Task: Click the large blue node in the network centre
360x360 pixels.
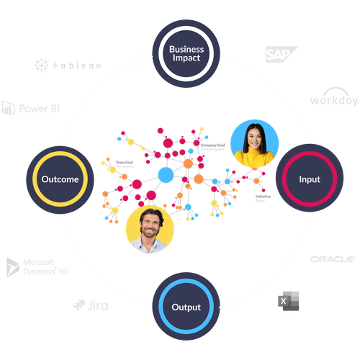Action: click(x=166, y=175)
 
